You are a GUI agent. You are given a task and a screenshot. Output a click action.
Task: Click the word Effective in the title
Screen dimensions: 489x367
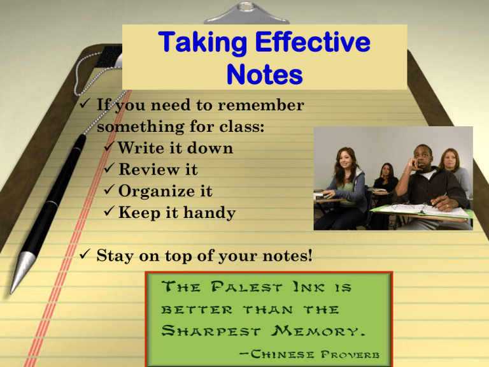pyautogui.click(x=313, y=42)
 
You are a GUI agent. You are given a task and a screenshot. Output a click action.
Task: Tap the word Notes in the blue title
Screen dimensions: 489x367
pyautogui.click(x=264, y=75)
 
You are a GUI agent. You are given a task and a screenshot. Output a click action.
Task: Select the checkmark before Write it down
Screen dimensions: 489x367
pyautogui.click(x=108, y=147)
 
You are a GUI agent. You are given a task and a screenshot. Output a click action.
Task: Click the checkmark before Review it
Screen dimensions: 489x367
pyautogui.click(x=109, y=168)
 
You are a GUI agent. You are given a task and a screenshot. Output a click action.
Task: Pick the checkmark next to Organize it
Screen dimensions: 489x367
pyautogui.click(x=109, y=189)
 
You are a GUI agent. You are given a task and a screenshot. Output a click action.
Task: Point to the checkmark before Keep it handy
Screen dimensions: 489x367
pyautogui.click(x=109, y=211)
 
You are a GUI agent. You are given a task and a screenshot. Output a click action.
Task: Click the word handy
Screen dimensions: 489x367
pyautogui.click(x=209, y=213)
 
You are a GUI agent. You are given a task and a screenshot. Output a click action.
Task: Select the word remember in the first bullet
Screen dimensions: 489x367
pyautogui.click(x=260, y=105)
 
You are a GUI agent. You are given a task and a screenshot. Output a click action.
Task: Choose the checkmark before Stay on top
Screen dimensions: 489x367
pyautogui.click(x=85, y=254)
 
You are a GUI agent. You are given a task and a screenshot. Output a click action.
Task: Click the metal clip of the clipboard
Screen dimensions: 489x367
pyautogui.click(x=246, y=14)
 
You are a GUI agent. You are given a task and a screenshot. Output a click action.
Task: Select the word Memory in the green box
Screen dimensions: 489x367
pyautogui.click(x=318, y=331)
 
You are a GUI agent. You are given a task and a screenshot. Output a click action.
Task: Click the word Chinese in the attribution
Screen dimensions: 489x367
pyautogui.click(x=282, y=354)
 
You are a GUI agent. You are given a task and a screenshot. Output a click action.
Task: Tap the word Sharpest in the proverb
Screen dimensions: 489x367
pyautogui.click(x=211, y=331)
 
